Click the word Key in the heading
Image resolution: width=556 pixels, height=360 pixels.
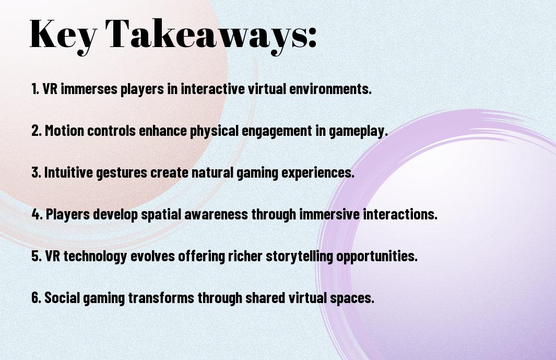tap(63, 36)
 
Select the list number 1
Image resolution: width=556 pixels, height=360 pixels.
tap(35, 89)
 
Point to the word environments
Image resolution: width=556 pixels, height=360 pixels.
tap(330, 89)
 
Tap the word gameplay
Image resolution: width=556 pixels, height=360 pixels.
tap(358, 131)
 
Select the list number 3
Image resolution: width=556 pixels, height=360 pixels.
tap(36, 172)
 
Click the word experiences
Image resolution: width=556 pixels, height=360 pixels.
tap(318, 173)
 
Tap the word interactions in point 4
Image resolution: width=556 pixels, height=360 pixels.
tap(400, 214)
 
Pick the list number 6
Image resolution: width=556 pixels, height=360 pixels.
tap(36, 297)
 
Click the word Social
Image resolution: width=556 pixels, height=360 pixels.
tap(62, 297)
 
